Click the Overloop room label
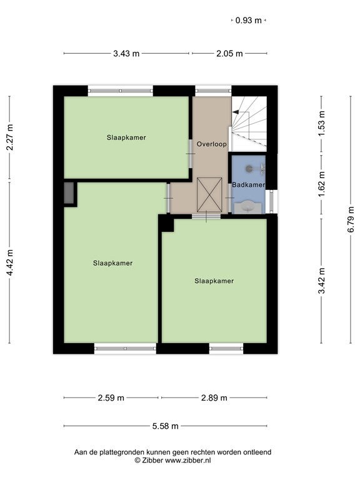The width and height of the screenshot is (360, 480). (211, 144)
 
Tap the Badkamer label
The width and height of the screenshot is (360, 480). (248, 184)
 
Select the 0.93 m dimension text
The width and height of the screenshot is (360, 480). (249, 21)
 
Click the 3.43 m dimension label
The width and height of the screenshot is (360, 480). (126, 54)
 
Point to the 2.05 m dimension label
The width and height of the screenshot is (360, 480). (229, 54)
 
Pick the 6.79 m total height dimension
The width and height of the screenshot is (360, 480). (351, 219)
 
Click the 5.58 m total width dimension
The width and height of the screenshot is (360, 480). (165, 426)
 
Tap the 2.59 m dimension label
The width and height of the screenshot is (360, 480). (111, 397)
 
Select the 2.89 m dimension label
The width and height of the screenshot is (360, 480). (214, 397)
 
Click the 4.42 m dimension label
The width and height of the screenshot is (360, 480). (10, 262)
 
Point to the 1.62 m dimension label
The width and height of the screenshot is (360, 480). (321, 184)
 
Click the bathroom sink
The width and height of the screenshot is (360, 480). (248, 207)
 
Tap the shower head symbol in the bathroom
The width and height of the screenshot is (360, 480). (249, 168)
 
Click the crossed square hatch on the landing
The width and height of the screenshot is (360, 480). (209, 195)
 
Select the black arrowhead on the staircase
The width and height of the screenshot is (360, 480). (236, 112)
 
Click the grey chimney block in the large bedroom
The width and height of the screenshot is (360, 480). (69, 193)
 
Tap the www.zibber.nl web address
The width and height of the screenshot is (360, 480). (187, 460)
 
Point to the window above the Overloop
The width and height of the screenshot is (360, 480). (213, 91)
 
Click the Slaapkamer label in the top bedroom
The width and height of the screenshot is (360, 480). (126, 137)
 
